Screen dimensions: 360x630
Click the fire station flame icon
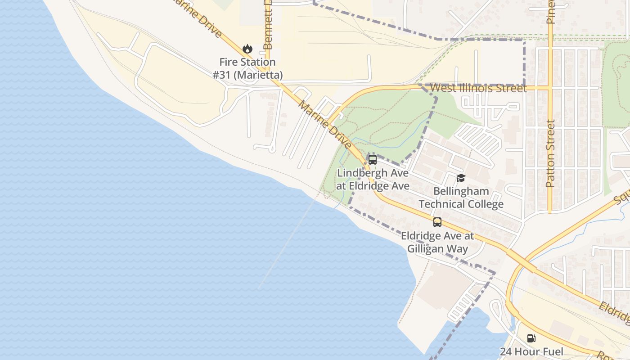coord(247,49)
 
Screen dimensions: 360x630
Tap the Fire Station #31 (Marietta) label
coord(247,68)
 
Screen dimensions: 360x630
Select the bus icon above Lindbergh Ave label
coord(373,159)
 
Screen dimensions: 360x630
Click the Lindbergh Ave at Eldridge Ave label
coord(373,179)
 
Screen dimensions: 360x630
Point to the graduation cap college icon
coord(461,178)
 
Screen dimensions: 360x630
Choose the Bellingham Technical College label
coord(461,198)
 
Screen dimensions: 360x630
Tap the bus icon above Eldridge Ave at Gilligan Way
coord(437,222)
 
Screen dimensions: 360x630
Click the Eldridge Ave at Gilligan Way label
coord(437,242)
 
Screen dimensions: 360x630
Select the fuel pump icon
coord(531,338)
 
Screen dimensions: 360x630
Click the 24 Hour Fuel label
coord(531,351)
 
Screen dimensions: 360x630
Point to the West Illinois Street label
coord(478,88)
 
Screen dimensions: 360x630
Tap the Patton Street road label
coord(550,153)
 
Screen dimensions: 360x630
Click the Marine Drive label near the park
coord(325,125)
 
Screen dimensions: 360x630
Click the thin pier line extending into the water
coord(288,243)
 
